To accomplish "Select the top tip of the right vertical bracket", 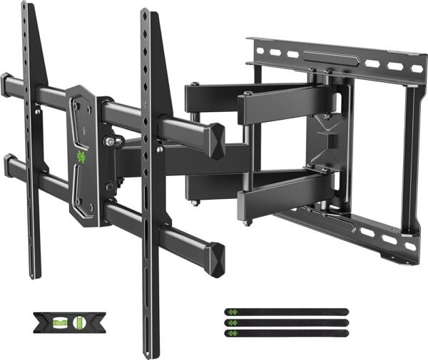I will (146, 12).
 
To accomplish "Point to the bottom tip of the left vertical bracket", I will (34, 275).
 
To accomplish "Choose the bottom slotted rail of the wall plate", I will (342, 227).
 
